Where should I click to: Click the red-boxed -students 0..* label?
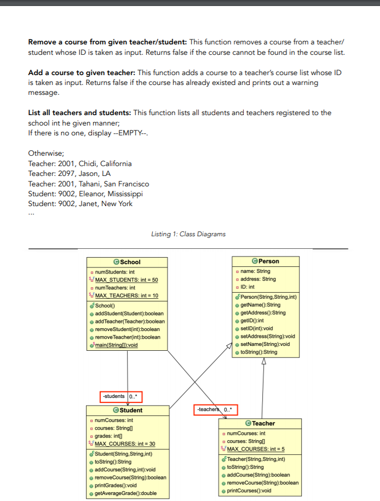[x=121, y=397]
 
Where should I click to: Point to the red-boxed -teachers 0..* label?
[x=216, y=409]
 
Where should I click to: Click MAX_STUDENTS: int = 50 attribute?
[x=126, y=280]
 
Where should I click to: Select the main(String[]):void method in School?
[x=116, y=345]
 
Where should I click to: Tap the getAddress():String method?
[x=263, y=313]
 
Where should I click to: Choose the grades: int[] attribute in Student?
[x=108, y=436]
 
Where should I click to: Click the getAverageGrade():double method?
[x=125, y=493]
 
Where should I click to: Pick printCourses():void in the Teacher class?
[x=249, y=491]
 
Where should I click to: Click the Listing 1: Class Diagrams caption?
[x=188, y=234]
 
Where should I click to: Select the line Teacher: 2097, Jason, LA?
[x=69, y=174]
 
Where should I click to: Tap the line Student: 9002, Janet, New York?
[x=80, y=204]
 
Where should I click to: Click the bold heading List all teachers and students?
[x=79, y=113]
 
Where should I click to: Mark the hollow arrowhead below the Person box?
[x=264, y=361]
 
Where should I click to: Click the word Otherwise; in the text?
[x=46, y=153]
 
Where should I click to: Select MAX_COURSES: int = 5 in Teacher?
[x=256, y=449]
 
